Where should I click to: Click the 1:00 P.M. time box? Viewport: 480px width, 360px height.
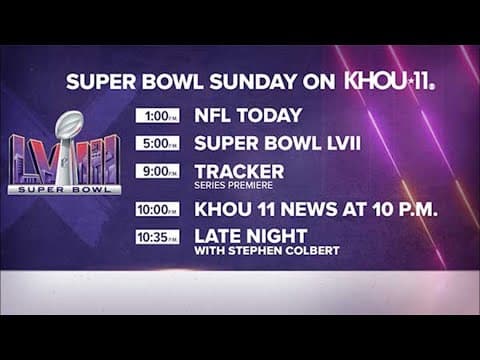(x=158, y=115)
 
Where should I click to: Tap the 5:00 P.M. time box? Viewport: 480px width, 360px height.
(x=158, y=143)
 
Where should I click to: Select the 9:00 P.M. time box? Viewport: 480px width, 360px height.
(x=158, y=171)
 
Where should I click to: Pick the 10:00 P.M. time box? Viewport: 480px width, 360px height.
(x=158, y=210)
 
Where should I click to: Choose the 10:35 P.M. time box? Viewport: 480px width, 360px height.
(x=158, y=238)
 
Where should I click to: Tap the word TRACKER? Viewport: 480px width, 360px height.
(x=239, y=170)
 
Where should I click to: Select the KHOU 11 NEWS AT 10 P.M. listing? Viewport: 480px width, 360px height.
(x=316, y=210)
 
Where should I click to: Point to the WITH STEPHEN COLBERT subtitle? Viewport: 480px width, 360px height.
(x=267, y=250)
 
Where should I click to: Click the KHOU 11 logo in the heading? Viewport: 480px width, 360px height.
(x=389, y=81)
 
